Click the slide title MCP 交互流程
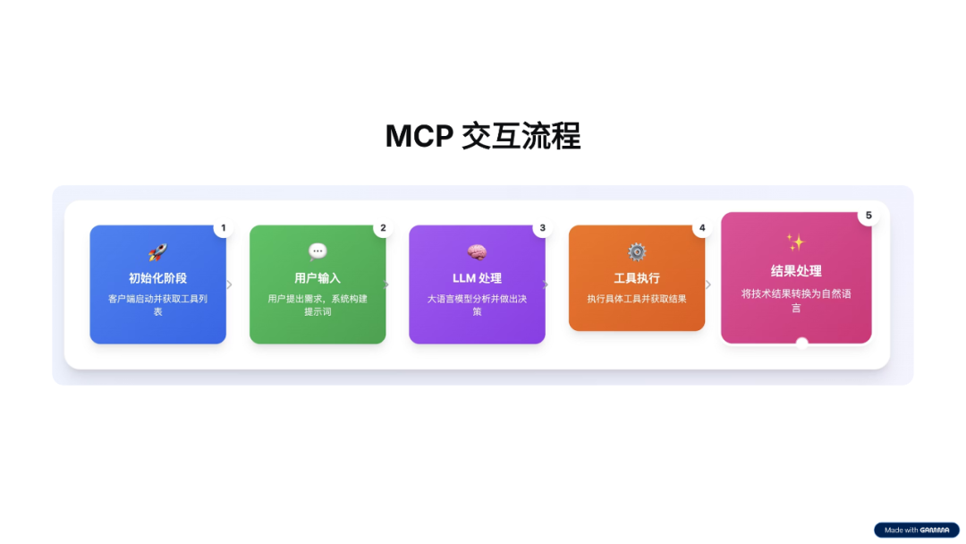tap(483, 136)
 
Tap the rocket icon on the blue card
tap(157, 252)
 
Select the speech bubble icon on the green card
tap(318, 252)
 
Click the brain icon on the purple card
tap(477, 252)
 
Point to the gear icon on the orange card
tap(637, 252)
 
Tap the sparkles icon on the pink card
tap(796, 242)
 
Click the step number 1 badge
tap(224, 228)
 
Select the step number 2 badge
tap(383, 228)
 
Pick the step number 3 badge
tap(543, 228)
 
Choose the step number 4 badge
tap(702, 228)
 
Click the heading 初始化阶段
tap(157, 278)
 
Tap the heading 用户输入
tap(318, 278)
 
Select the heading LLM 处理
tap(477, 278)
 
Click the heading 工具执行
tap(637, 278)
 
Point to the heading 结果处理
tap(796, 271)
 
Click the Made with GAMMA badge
tap(916, 530)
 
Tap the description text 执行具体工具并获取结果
tap(637, 299)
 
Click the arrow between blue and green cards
tap(229, 285)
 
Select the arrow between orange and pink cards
tap(708, 285)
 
